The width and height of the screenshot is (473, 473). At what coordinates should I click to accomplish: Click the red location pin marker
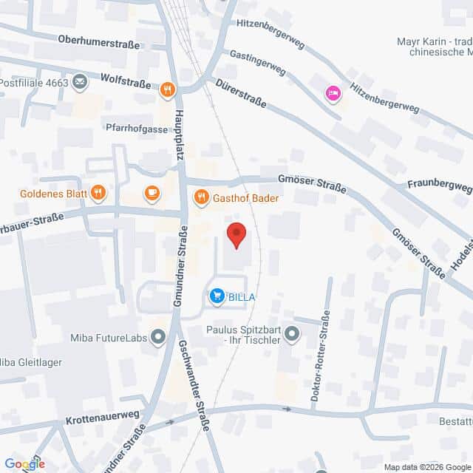point(236,234)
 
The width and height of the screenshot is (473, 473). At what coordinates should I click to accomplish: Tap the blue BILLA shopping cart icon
point(217,296)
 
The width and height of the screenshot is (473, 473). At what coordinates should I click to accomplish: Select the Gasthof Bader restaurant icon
point(200,197)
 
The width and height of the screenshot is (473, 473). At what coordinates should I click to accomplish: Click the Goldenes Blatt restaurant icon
point(98,194)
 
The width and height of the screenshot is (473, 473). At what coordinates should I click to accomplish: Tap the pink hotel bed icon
point(333,93)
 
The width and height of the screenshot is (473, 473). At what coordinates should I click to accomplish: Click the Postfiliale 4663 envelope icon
point(80,83)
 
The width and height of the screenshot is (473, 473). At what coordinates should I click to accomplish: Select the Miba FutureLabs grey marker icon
point(157,338)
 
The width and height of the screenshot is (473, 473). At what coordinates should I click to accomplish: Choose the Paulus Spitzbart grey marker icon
point(293,334)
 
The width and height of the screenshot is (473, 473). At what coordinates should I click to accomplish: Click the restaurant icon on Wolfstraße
point(168,90)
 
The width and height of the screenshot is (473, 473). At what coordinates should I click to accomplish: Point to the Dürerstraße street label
point(241,95)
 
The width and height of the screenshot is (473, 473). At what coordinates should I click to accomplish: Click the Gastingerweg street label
point(257,63)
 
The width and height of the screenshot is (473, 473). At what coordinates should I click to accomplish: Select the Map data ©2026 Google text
point(426,467)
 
